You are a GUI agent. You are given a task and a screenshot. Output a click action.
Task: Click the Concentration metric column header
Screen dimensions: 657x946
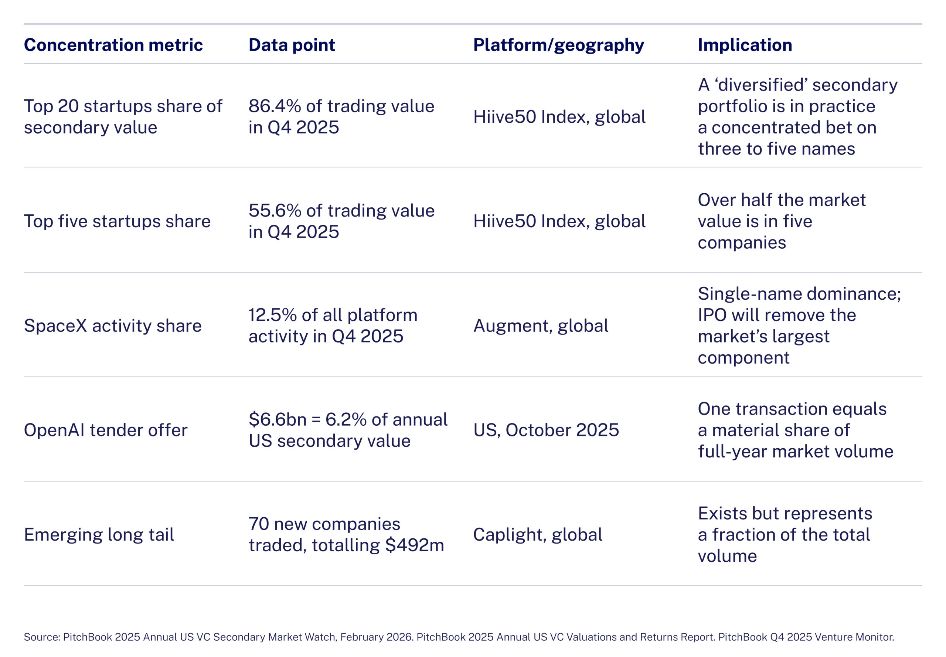[113, 45]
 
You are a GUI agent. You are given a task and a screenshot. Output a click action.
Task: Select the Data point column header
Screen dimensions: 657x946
[292, 45]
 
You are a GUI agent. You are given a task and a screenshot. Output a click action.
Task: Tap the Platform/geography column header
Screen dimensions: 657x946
[558, 45]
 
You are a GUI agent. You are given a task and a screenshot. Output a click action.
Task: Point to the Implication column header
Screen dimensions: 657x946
[745, 45]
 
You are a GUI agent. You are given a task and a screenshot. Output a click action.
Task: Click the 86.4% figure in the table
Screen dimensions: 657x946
[275, 106]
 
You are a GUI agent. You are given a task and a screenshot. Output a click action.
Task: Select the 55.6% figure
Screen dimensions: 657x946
[275, 211]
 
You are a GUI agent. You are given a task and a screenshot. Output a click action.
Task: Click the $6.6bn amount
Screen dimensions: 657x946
[278, 419]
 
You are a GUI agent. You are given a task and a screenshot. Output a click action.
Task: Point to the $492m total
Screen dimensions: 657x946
[415, 545]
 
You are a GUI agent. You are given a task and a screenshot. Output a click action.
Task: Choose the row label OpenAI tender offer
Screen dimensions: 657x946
[105, 430]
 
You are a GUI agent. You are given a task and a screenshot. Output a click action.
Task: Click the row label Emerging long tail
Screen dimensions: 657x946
[99, 535]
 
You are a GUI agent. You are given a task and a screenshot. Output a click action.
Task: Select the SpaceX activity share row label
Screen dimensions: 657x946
[113, 326]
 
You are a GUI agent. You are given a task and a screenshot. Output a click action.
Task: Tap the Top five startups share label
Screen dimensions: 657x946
[117, 221]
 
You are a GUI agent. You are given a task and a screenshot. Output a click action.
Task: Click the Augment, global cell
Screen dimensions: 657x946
[541, 326]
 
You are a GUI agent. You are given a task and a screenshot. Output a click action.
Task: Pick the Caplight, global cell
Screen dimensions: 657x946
[537, 535]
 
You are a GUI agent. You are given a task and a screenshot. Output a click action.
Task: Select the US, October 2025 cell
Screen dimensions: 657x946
[546, 430]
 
